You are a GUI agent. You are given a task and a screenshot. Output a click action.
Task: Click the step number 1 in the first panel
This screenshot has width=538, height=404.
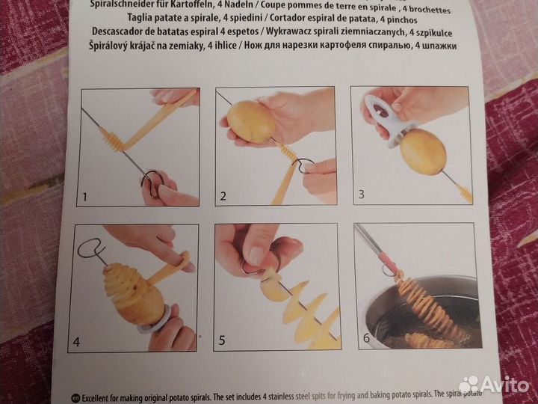86,198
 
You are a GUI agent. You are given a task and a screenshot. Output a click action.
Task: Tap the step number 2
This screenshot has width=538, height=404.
223,198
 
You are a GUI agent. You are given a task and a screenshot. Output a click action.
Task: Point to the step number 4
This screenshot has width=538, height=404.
76,343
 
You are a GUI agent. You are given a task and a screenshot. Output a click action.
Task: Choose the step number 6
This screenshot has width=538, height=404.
365,338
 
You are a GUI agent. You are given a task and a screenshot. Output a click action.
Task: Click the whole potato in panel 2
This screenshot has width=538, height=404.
251,122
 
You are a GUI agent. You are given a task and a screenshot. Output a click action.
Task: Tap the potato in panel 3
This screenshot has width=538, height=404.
423,152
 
